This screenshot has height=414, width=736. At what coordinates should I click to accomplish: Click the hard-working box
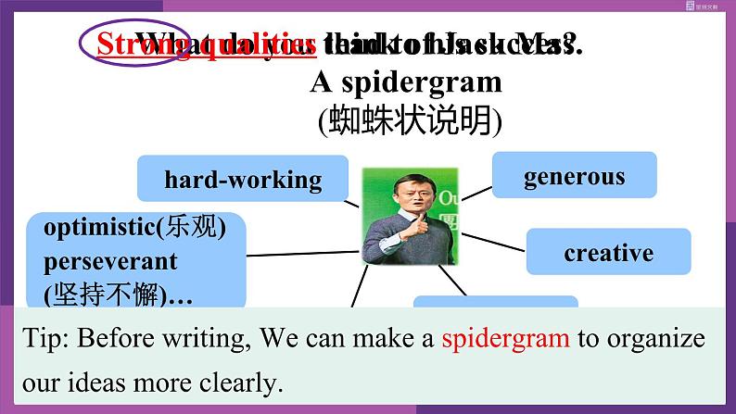point(243,179)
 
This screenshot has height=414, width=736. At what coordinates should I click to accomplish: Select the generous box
point(574,176)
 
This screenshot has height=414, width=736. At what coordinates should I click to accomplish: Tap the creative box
point(608,253)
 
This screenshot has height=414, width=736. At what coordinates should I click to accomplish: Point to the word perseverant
point(109,262)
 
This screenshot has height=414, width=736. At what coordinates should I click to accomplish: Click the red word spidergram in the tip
point(506,338)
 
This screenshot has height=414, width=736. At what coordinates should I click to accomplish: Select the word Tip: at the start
point(43,338)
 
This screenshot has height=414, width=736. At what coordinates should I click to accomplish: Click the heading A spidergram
point(406,82)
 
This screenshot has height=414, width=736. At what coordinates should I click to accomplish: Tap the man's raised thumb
point(427,222)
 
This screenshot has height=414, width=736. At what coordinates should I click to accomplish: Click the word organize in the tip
point(654,338)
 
